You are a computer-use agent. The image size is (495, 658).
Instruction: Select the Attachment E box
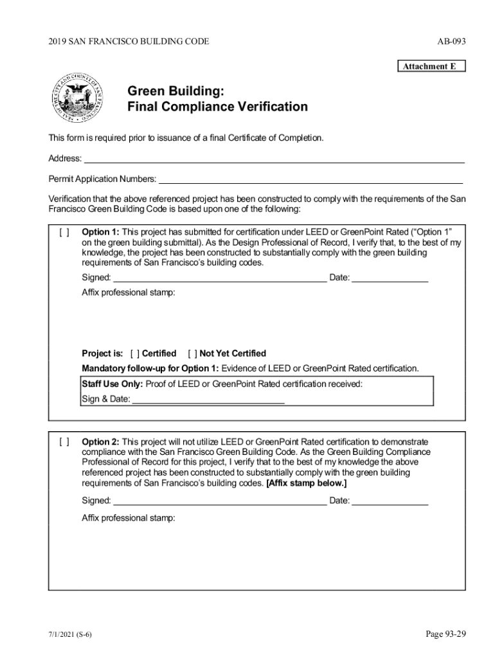(x=429, y=66)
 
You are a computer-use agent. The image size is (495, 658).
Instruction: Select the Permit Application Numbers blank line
(x=310, y=179)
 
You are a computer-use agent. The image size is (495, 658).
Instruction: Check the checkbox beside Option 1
(x=64, y=232)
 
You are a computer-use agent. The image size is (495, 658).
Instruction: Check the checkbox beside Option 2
(x=64, y=442)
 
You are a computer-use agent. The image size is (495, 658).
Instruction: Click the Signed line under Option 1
(x=219, y=278)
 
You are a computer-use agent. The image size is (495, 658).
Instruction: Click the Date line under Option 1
(x=390, y=278)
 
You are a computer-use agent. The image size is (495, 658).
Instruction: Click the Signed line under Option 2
(x=219, y=501)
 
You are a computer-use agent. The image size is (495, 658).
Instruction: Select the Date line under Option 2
(x=390, y=501)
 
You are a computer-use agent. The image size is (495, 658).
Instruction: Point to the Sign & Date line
(x=208, y=399)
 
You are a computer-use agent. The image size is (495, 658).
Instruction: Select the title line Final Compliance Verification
(x=217, y=107)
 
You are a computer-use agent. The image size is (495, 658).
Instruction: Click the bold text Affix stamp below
(x=306, y=483)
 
